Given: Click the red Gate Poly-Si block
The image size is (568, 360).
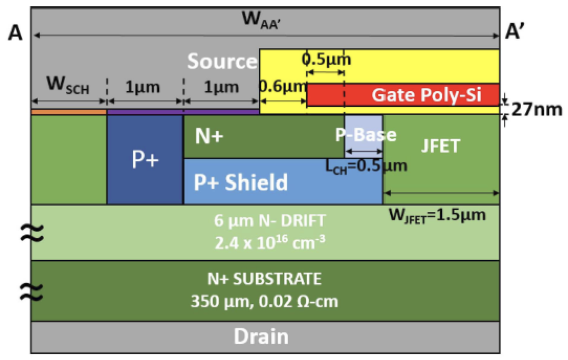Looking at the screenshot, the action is click(x=403, y=95).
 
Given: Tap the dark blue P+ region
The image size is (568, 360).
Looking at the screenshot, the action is click(x=145, y=159).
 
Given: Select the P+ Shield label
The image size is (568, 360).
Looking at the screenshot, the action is click(x=241, y=182).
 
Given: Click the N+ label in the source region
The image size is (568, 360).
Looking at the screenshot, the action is click(x=209, y=136).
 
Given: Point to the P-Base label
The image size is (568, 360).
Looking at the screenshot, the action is click(x=366, y=135).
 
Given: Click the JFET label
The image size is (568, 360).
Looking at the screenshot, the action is click(x=441, y=146).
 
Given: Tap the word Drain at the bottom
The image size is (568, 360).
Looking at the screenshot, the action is click(x=261, y=336).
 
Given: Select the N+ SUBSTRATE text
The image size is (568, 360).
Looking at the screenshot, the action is click(x=265, y=279).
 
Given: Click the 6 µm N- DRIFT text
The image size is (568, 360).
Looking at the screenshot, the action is click(x=270, y=220).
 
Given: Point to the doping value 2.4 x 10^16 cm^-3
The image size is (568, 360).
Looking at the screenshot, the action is click(x=270, y=242).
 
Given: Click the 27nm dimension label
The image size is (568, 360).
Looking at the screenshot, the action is click(x=537, y=109).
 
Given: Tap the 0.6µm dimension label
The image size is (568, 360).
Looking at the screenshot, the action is click(x=282, y=87).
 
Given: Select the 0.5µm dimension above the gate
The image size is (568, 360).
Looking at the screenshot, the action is click(x=327, y=59).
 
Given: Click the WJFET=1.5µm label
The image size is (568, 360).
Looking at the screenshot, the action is click(x=437, y=215).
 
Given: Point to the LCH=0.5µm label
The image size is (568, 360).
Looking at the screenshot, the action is click(x=366, y=167).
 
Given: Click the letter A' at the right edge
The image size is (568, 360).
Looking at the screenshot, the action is click(x=514, y=32).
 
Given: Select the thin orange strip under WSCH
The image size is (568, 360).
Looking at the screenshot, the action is click(x=69, y=112).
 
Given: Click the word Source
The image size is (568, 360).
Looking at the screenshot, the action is click(x=222, y=61).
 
